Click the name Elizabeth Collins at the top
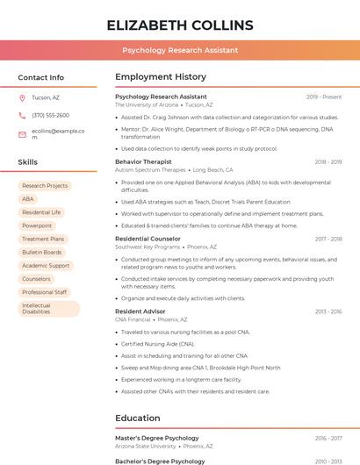180,25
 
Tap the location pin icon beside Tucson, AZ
22,97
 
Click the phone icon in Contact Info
22,115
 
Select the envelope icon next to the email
22,134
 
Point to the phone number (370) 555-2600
50,115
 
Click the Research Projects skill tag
45,186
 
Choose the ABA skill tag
28,199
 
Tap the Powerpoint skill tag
37,225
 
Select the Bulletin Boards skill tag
42,252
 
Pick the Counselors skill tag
37,279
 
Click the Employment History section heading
161,77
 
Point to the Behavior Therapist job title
143,161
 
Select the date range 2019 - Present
324,97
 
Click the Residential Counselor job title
148,239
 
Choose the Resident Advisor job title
140,311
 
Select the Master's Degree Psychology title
157,438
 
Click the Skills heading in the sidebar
28,162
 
